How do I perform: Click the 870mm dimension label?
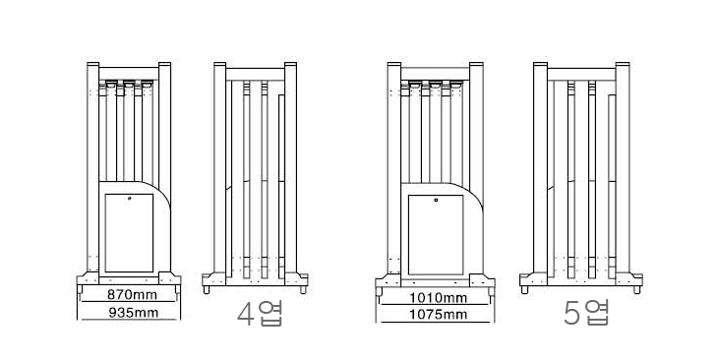133,294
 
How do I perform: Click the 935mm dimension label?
133,313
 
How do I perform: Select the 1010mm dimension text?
439,298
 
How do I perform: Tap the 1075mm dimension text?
439,315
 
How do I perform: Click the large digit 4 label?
246,314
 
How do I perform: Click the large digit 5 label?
571,314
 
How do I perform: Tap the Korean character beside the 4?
270,314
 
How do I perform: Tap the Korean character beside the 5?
596,313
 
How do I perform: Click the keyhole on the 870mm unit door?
130,199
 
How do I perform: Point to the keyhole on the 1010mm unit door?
436,200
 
